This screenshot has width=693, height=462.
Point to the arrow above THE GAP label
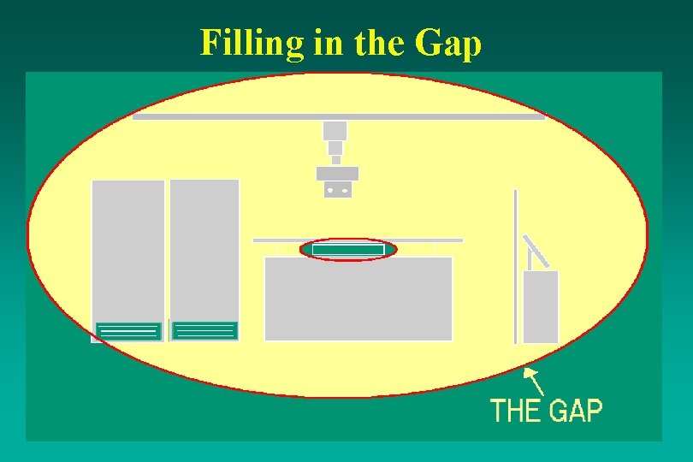click(x=533, y=380)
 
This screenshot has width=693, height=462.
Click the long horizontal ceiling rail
click(x=338, y=116)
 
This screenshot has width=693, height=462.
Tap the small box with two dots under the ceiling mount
click(x=337, y=190)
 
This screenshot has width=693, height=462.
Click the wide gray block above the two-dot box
click(x=337, y=173)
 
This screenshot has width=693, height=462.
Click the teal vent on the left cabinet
click(x=128, y=331)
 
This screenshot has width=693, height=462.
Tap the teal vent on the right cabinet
click(x=204, y=330)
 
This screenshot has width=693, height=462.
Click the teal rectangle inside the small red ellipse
click(x=348, y=249)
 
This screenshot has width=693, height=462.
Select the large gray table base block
click(x=358, y=298)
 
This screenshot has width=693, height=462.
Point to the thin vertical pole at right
click(x=515, y=265)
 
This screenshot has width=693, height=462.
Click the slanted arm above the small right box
click(x=536, y=252)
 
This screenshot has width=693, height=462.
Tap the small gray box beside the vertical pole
click(x=540, y=306)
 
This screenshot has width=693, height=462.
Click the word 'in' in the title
click(x=329, y=43)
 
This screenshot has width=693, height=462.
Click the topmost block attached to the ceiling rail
click(x=335, y=130)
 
